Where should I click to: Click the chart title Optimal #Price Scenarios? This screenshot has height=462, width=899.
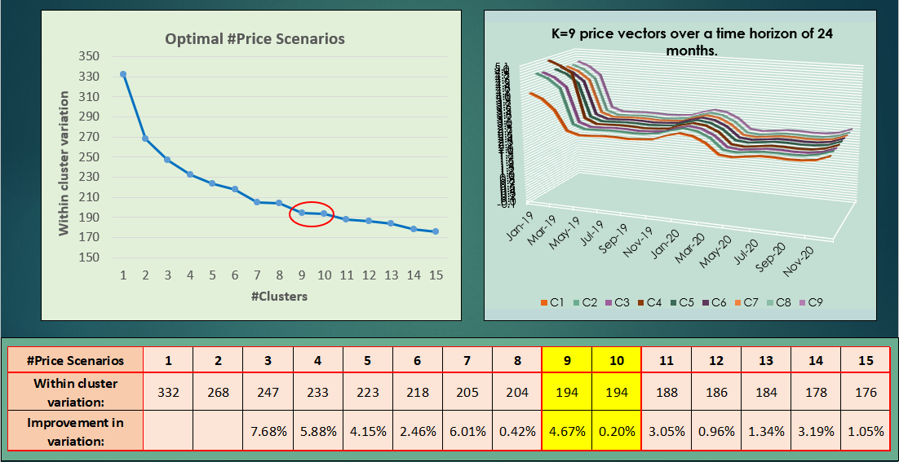[x=255, y=39]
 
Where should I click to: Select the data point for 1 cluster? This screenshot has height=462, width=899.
[x=123, y=74]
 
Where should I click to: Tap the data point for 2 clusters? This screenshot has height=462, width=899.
[x=145, y=139]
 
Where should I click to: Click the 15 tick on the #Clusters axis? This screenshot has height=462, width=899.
[x=436, y=275]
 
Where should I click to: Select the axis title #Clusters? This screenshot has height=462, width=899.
[x=279, y=297]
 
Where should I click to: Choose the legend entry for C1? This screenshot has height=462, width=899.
[x=552, y=303]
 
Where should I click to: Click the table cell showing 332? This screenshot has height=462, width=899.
[x=168, y=392]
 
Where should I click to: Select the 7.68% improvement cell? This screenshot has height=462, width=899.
[x=268, y=431]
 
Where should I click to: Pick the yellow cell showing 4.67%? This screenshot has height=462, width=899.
[x=567, y=431]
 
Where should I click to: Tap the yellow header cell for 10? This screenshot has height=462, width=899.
[x=617, y=359]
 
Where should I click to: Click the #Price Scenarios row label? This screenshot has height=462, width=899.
[x=76, y=359]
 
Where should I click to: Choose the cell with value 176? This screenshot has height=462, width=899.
[x=865, y=392]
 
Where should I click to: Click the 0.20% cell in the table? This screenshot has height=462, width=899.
[x=617, y=431]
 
